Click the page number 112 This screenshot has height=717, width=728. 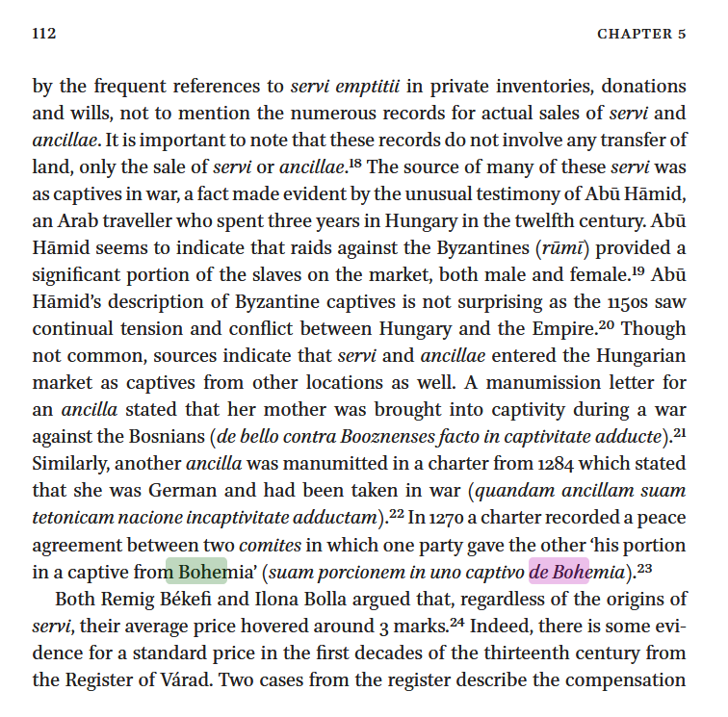44,34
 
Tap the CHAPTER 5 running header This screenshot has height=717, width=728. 641,34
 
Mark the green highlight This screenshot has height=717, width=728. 196,571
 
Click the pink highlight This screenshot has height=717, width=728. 559,571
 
